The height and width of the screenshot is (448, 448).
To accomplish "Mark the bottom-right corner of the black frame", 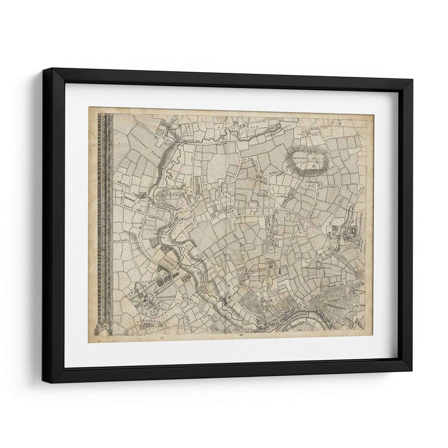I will [412, 371].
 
